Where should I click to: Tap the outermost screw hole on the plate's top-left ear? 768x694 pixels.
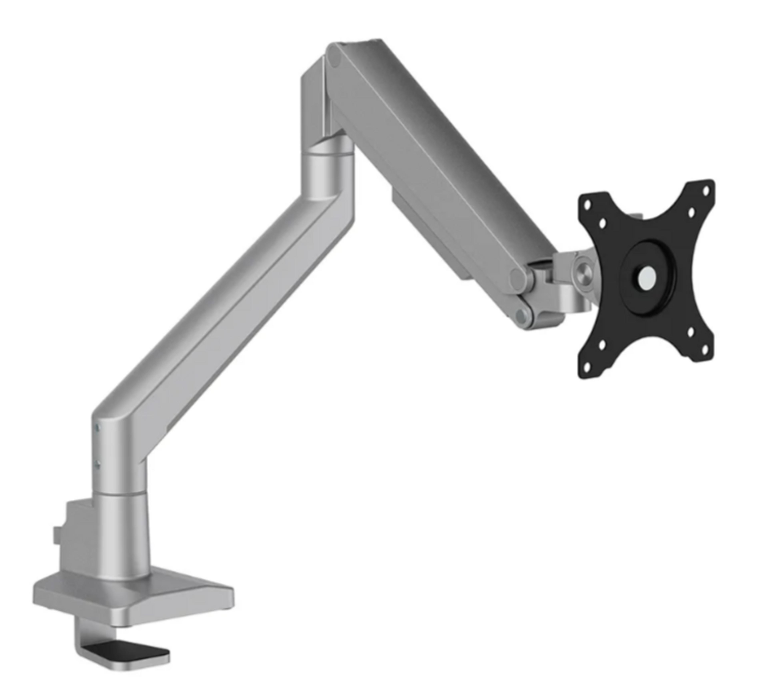(x=587, y=205)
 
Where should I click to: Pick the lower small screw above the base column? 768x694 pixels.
(x=98, y=464)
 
